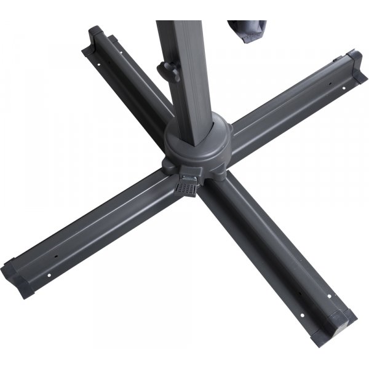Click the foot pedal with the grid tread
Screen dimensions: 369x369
click(186, 186)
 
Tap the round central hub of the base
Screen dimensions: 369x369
click(203, 145)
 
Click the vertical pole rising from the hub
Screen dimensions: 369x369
click(184, 74)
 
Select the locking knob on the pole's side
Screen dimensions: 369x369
click(164, 68)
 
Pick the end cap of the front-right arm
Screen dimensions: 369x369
click(342, 320)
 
